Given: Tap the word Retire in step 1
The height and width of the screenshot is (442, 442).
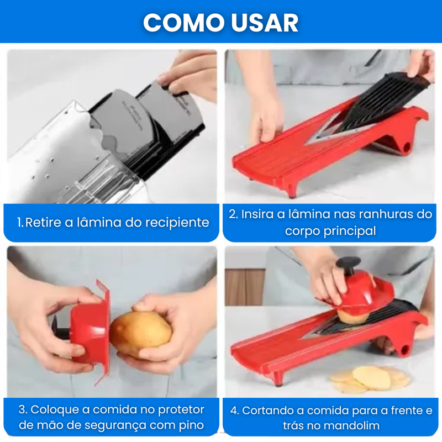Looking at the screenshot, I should pyautogui.click(x=44, y=223).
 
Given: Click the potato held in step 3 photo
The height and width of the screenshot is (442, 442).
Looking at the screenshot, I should pyautogui.click(x=140, y=333).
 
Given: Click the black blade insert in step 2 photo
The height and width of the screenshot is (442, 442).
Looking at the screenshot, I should pyautogui.click(x=381, y=102).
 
